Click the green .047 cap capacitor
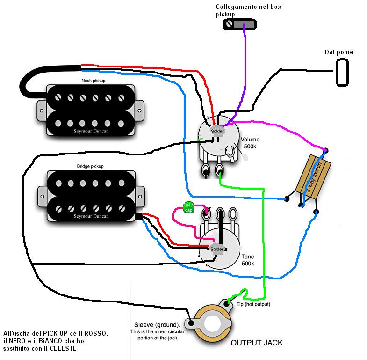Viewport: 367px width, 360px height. (188, 207)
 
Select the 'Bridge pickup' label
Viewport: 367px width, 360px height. (90, 166)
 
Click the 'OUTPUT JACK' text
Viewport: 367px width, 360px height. (257, 343)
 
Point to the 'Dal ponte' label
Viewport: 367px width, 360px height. (339, 52)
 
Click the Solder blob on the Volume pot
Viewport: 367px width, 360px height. (217, 132)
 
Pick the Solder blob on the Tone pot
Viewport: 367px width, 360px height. (217, 249)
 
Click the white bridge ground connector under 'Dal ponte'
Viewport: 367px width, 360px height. (342, 72)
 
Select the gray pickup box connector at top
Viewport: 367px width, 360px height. (239, 25)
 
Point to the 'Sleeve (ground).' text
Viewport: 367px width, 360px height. (157, 324)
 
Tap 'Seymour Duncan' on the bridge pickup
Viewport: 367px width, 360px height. (90, 216)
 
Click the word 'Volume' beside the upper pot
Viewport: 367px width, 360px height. (250, 140)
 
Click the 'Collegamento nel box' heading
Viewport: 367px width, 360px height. (248, 7)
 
